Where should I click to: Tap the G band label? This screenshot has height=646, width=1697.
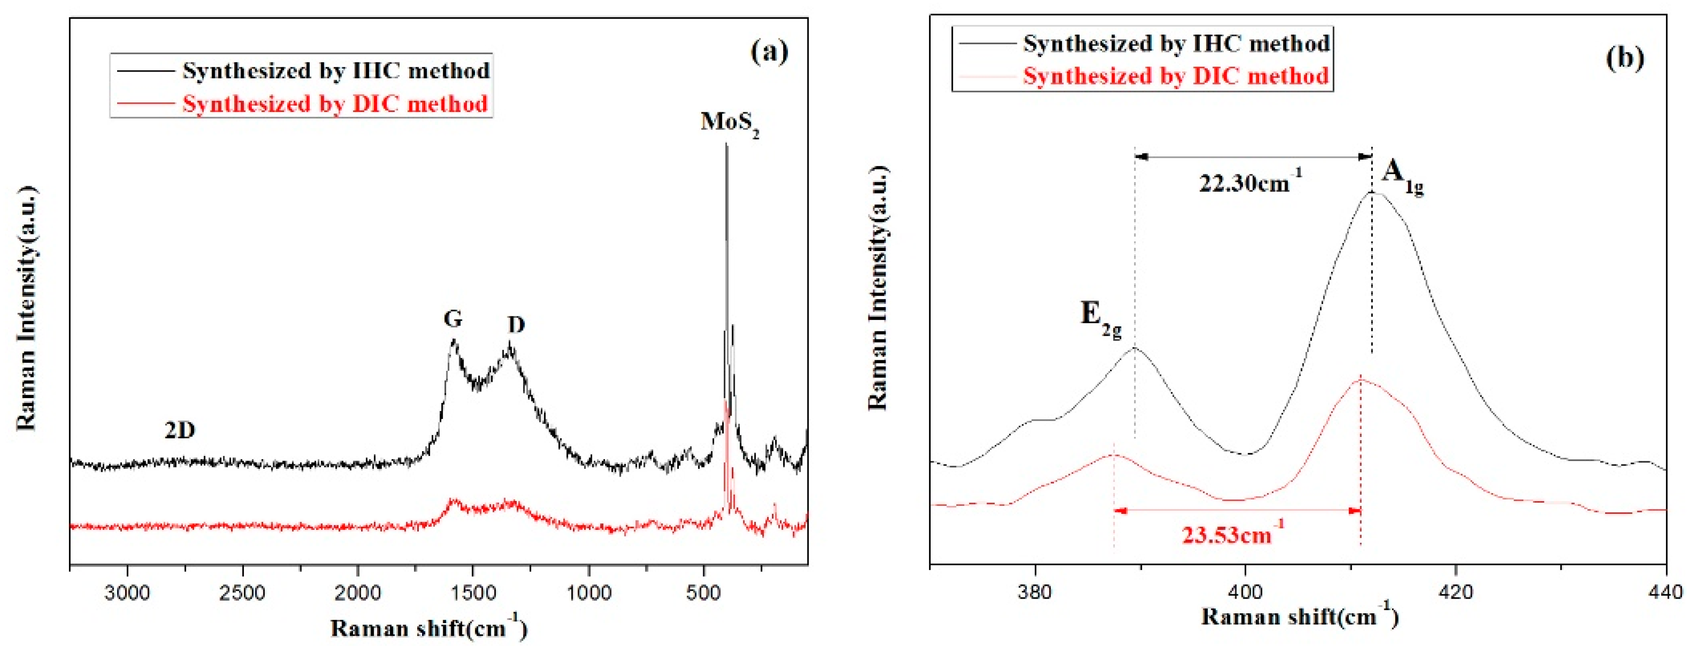(453, 319)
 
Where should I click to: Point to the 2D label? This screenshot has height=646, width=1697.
(180, 431)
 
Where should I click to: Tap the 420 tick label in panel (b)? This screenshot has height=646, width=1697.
(1455, 591)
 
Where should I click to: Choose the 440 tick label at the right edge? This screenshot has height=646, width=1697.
(1665, 591)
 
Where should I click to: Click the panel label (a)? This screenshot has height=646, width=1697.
(769, 52)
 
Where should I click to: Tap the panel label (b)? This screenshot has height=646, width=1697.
(1625, 58)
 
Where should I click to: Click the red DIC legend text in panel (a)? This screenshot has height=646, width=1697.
(335, 104)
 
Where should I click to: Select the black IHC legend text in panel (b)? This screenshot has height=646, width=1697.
(1176, 43)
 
